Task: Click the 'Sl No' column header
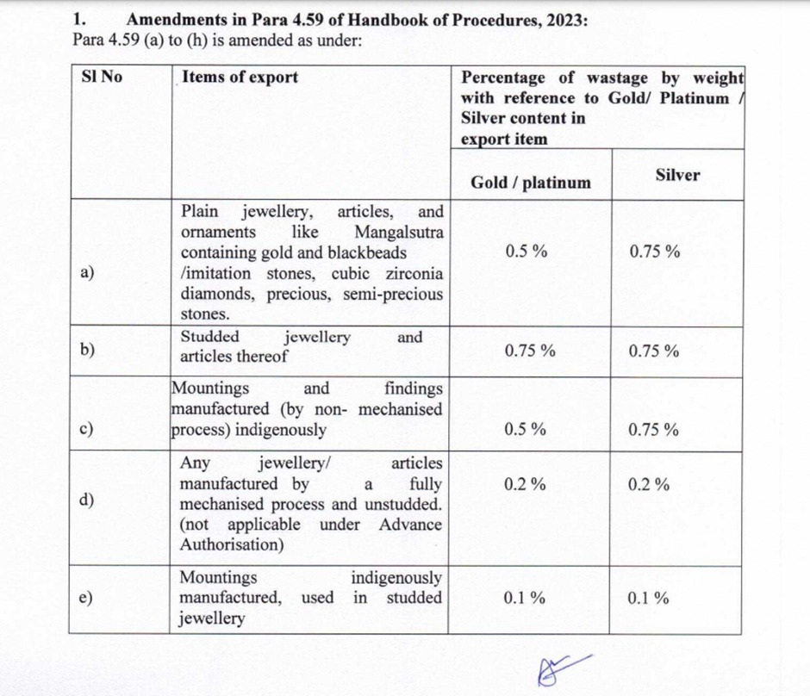click(102, 77)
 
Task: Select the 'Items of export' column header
click(240, 77)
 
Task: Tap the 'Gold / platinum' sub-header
click(531, 182)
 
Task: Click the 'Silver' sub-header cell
click(677, 175)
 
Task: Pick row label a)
click(87, 273)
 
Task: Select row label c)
click(87, 428)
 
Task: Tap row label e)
click(87, 598)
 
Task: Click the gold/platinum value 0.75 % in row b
click(530, 351)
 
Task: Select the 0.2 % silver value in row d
click(649, 484)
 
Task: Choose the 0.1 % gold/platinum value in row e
click(525, 598)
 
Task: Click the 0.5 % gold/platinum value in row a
click(526, 252)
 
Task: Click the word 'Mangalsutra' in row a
click(398, 232)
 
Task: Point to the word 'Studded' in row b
click(210, 337)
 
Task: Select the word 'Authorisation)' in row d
click(231, 544)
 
